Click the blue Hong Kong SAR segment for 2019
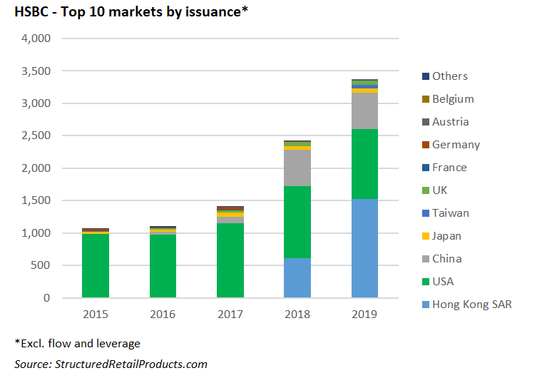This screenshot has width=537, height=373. click(x=364, y=248)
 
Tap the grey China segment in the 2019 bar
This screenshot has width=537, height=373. click(x=364, y=111)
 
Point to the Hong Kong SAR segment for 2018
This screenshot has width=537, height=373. click(x=297, y=277)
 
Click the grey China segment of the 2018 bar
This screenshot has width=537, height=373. click(x=297, y=168)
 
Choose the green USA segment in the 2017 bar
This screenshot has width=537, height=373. click(x=230, y=260)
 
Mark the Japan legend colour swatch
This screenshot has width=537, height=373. click(x=426, y=236)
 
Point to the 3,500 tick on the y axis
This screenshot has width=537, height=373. click(x=36, y=71)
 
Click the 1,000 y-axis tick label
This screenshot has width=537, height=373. click(x=36, y=233)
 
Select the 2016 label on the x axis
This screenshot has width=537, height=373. click(x=163, y=314)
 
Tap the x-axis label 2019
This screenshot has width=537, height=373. click(x=364, y=314)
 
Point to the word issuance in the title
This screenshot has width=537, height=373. click(x=213, y=12)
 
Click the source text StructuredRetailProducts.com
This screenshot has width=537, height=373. click(x=131, y=364)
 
